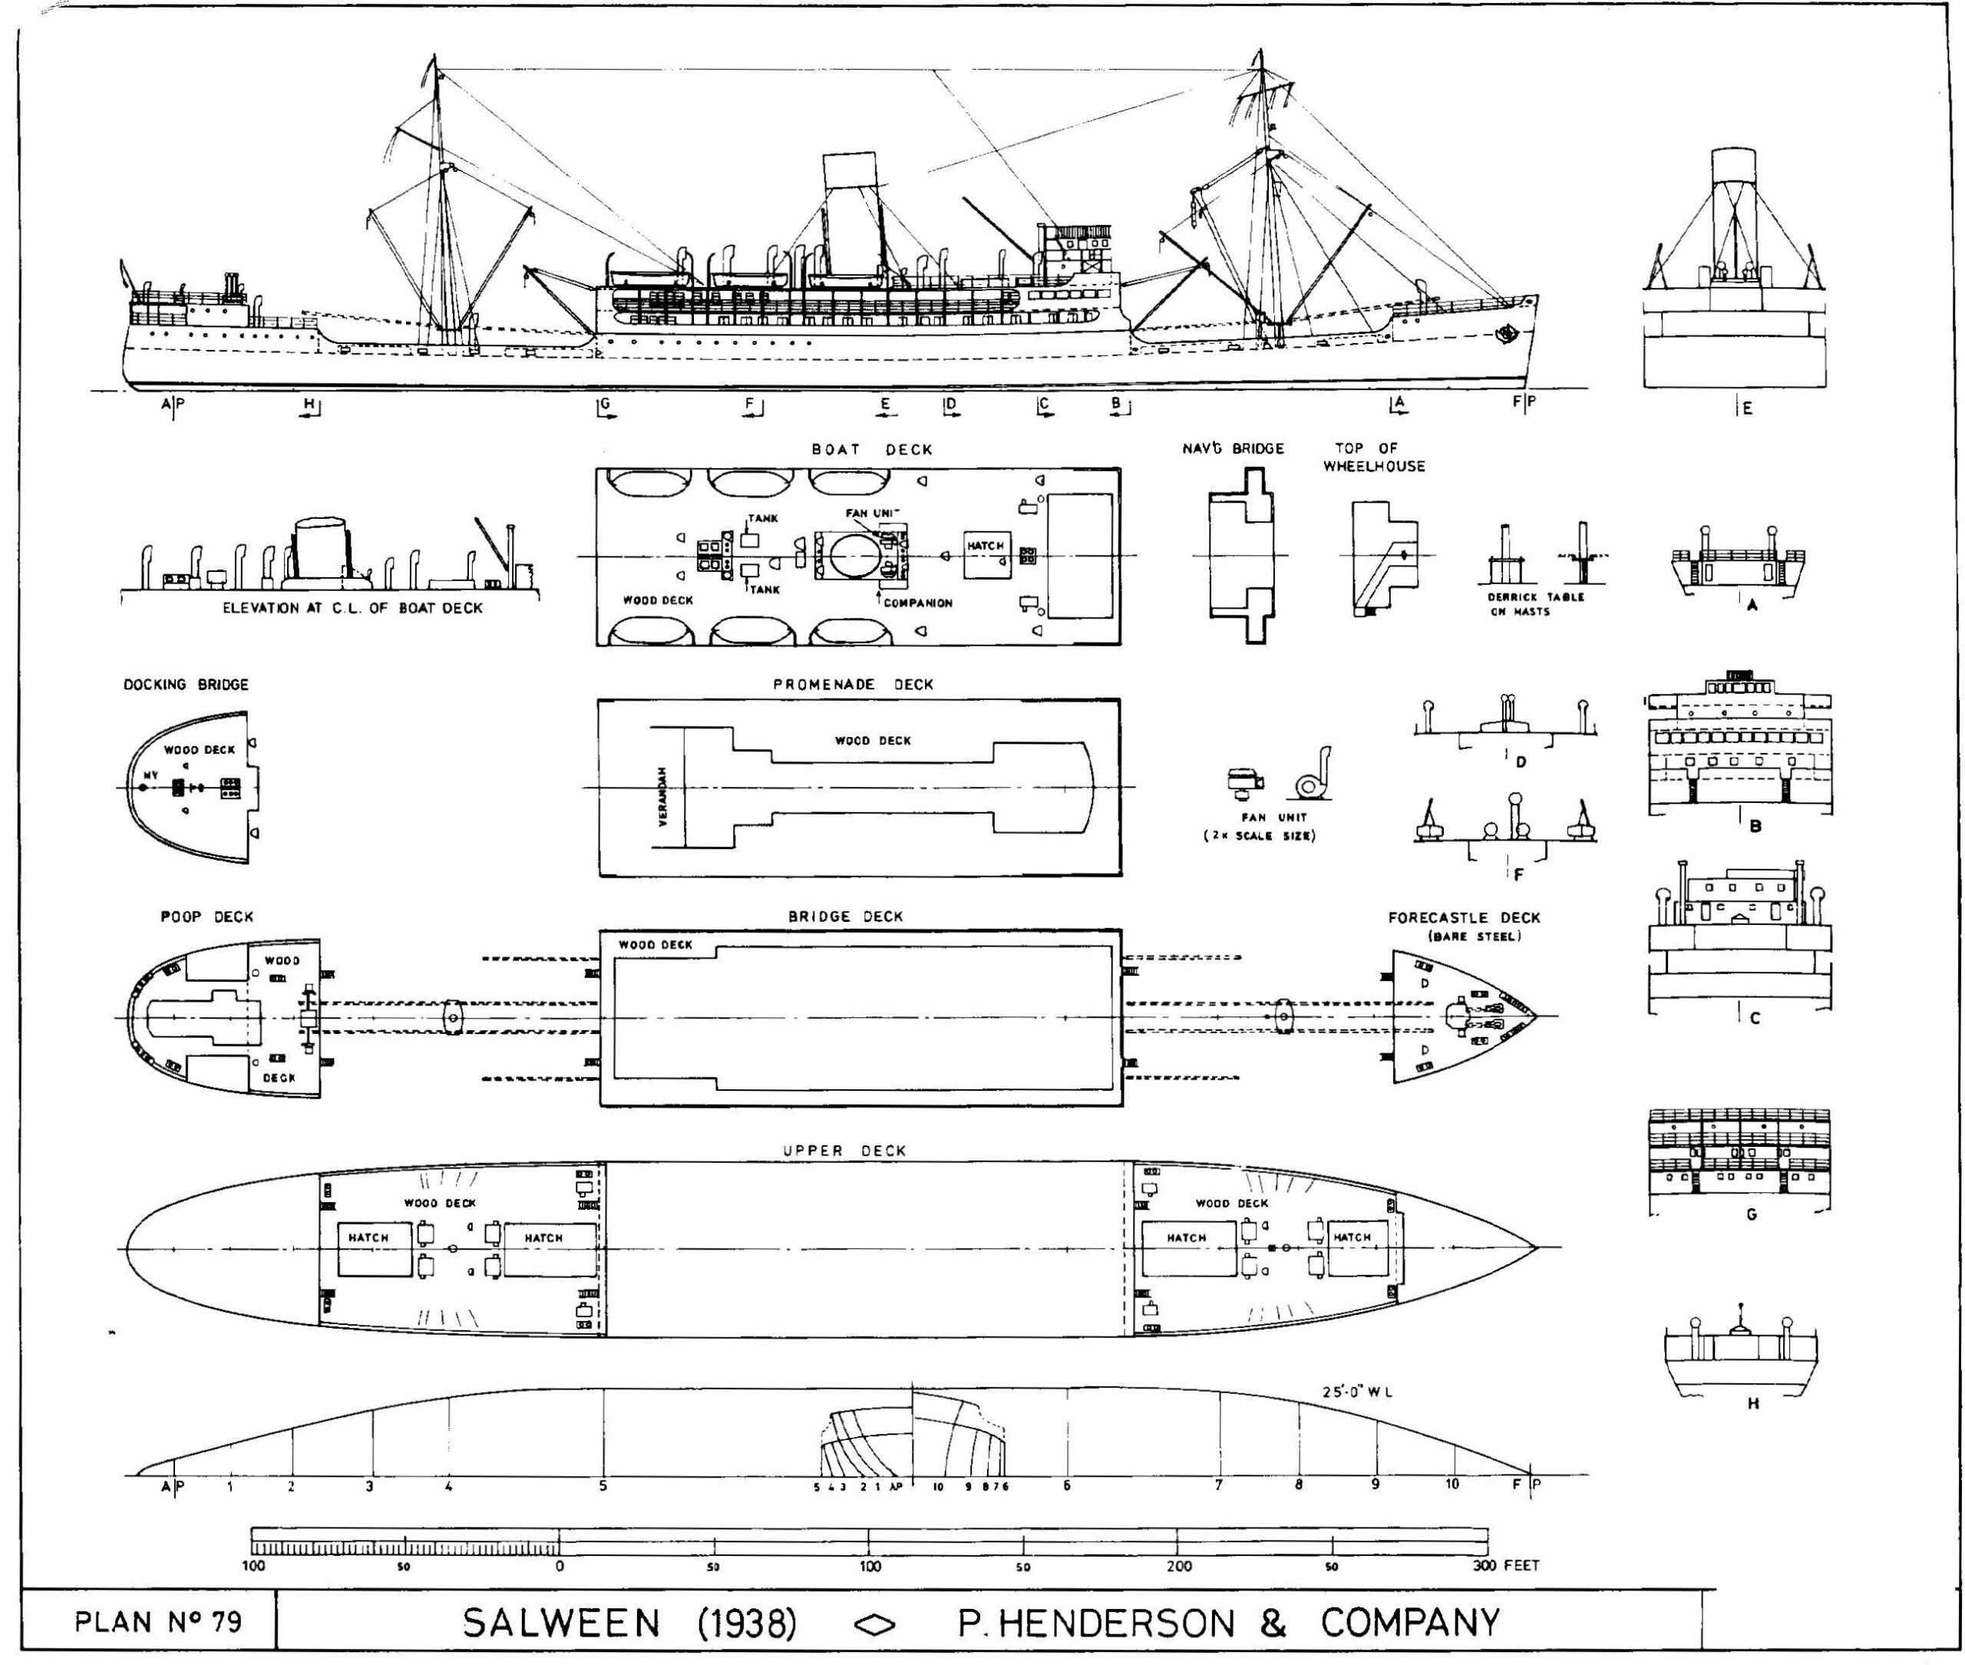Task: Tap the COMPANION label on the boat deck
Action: [x=917, y=602]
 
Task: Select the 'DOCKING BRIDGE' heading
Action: [x=186, y=684]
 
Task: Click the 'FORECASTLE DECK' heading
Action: [x=1463, y=917]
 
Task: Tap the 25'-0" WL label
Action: [x=1357, y=1391]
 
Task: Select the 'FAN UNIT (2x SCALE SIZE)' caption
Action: [x=1259, y=826]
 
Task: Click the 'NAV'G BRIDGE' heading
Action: [x=1233, y=448]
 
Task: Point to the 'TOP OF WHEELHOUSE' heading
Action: [x=1373, y=457]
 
